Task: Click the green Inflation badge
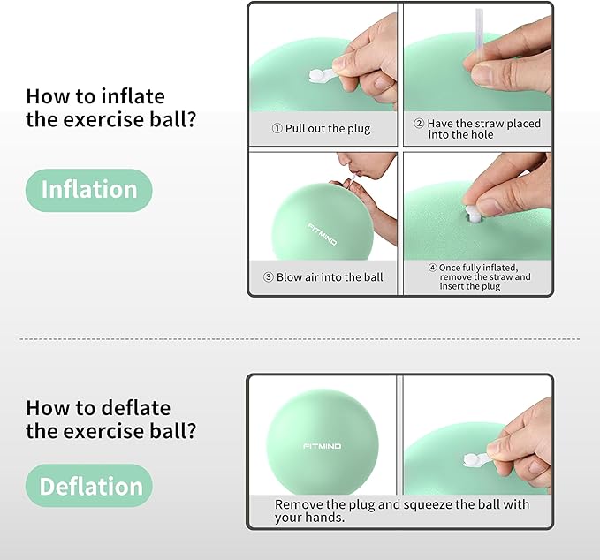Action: point(88,190)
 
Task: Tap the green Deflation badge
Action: point(91,487)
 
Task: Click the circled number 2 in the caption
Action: point(419,124)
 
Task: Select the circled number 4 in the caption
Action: point(432,268)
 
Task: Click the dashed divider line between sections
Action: point(300,338)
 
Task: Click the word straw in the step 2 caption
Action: point(489,124)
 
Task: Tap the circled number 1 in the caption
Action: point(277,129)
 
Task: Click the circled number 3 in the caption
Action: point(269,277)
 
